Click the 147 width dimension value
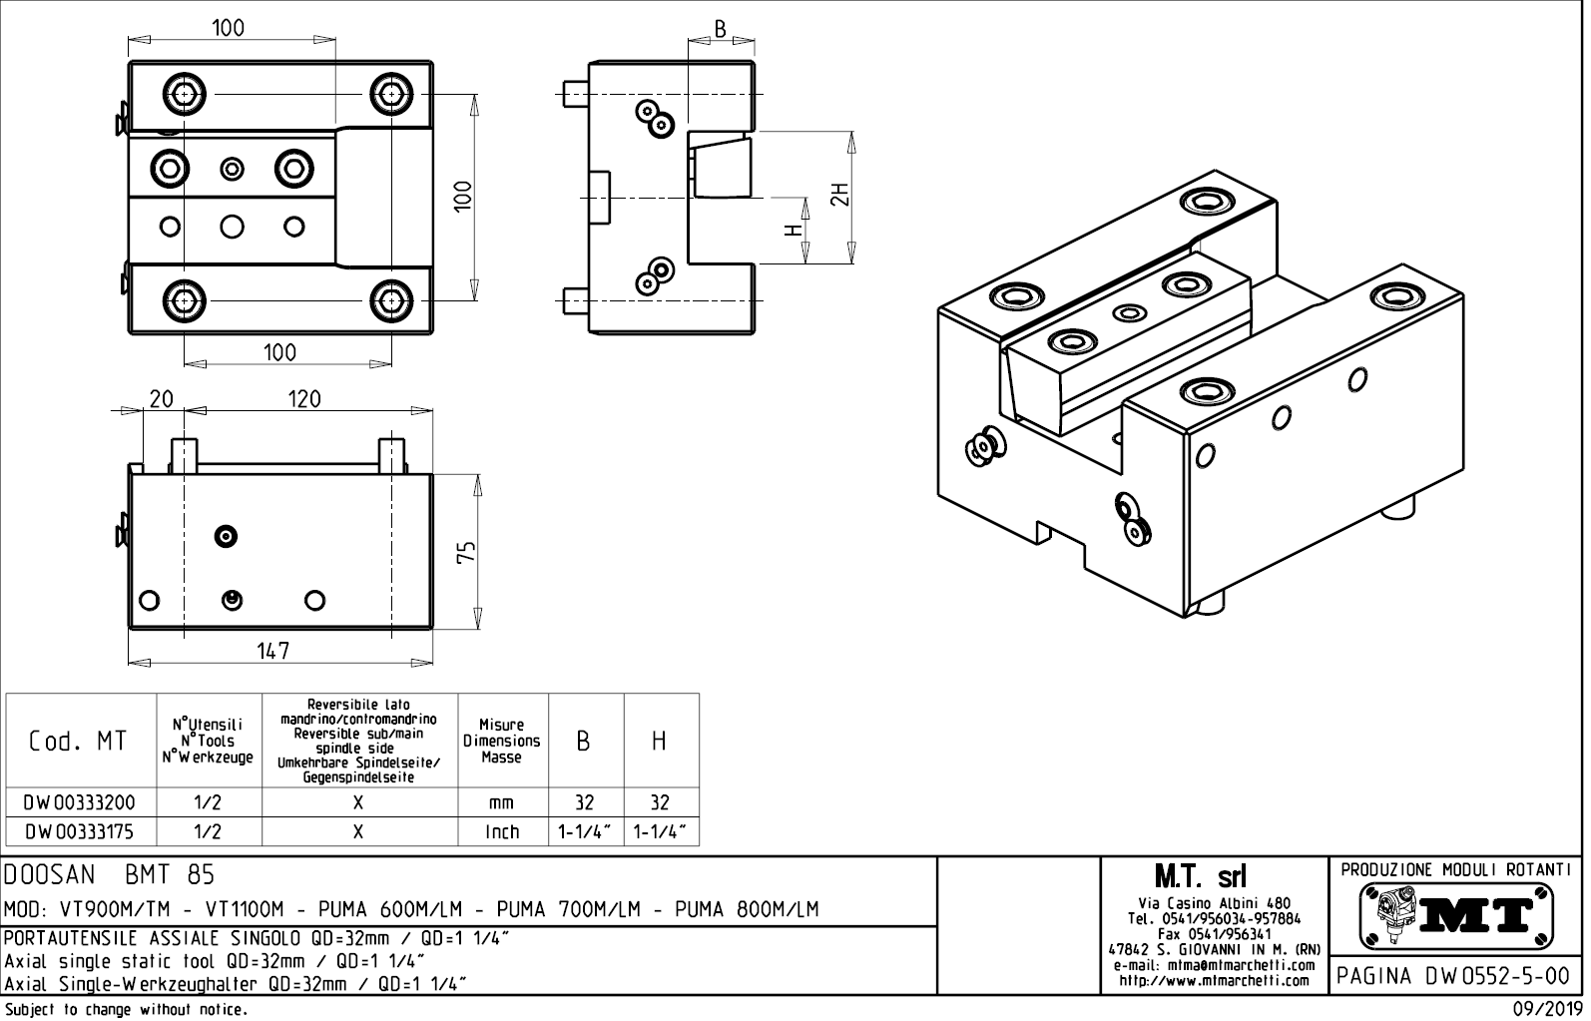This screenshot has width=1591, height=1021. [x=272, y=651]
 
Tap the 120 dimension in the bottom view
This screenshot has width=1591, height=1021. [x=303, y=399]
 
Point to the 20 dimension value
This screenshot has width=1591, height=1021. [x=161, y=399]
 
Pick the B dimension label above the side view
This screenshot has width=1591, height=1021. [x=720, y=29]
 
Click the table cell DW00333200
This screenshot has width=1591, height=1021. [x=80, y=803]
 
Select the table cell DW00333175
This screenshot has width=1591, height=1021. [x=80, y=831]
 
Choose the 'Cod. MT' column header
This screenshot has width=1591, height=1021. [x=79, y=742]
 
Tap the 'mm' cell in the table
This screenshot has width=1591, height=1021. [x=502, y=803]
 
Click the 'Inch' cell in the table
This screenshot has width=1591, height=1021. [x=502, y=831]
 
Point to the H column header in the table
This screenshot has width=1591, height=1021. [x=660, y=742]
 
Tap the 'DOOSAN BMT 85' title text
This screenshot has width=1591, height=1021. [x=110, y=875]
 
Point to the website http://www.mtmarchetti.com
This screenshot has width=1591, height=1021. [x=1213, y=981]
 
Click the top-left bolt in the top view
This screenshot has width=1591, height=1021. [x=184, y=95]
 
